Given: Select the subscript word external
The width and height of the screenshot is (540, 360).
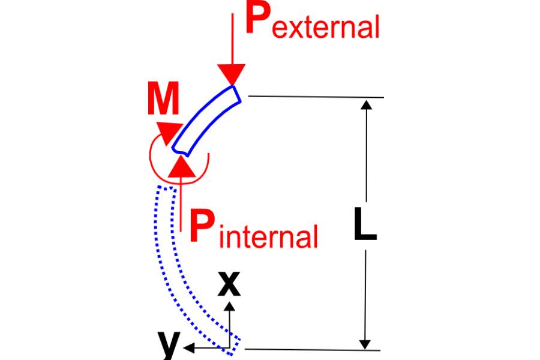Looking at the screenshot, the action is click(x=326, y=27).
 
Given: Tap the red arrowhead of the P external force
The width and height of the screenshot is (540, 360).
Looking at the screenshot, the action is click(x=232, y=74).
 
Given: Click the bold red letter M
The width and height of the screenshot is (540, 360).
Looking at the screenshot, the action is click(x=163, y=98).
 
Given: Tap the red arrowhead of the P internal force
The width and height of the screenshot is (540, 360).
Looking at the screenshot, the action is click(x=181, y=166).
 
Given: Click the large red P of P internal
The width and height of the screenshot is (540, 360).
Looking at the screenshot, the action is click(x=202, y=227).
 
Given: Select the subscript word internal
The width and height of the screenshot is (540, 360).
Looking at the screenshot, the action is click(x=268, y=236).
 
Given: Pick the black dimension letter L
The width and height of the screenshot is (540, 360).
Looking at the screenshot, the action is click(x=365, y=224).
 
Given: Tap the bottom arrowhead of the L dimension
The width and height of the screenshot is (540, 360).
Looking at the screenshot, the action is click(x=365, y=344).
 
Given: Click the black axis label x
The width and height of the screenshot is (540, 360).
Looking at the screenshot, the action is click(x=229, y=284).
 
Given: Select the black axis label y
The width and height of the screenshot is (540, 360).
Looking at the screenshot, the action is click(x=169, y=344).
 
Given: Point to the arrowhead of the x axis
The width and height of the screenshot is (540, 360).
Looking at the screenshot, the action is click(x=230, y=306).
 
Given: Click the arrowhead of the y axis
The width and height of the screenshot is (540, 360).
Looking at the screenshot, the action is click(x=189, y=348).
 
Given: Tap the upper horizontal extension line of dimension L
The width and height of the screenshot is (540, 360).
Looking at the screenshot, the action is click(x=316, y=97).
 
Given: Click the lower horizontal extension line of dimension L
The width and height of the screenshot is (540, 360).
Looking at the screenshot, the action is click(x=313, y=350).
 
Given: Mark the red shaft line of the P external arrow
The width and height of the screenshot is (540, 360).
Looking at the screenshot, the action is click(x=232, y=39).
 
